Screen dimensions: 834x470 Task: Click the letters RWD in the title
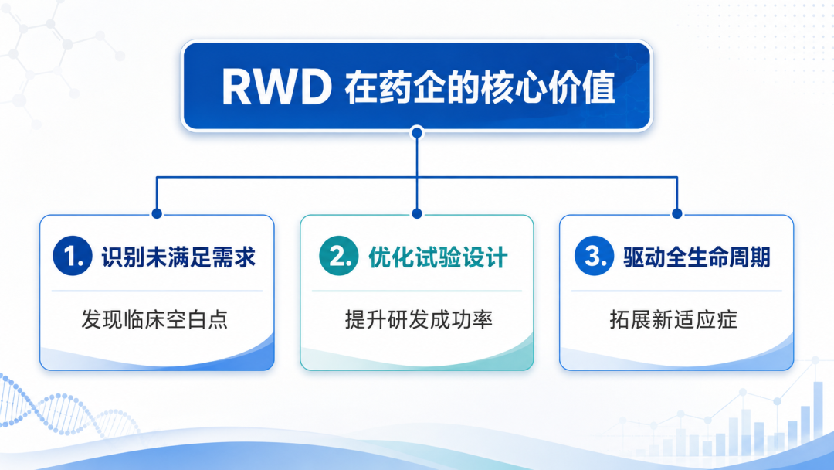[276, 87]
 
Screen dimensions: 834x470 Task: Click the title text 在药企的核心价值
[480, 87]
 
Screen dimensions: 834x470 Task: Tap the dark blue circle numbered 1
[73, 256]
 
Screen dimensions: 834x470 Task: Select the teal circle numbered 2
[339, 256]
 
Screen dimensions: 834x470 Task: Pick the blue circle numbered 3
[595, 256]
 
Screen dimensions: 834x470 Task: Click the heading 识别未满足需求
[178, 257]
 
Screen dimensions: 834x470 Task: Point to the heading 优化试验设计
[439, 257]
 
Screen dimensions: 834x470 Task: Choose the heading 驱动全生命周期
[697, 257]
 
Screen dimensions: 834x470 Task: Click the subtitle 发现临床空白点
[154, 319]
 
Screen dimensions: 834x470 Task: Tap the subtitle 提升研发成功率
[419, 319]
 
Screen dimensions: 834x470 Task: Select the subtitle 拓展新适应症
[673, 319]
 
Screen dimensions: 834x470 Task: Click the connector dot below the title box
[417, 132]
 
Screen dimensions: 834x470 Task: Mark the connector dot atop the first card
[157, 213]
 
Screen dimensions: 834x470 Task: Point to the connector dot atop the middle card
[417, 213]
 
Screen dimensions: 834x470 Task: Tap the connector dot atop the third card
[677, 213]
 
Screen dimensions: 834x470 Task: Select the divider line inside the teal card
[417, 291]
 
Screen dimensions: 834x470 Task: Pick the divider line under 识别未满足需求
[157, 291]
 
